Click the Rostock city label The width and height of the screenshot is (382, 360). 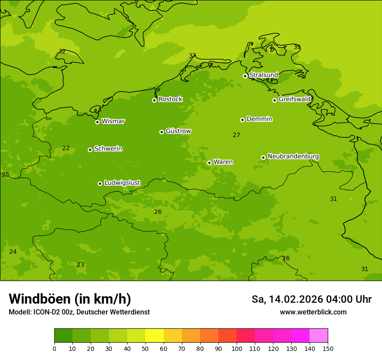pos(170,99)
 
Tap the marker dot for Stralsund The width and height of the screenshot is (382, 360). pos(245,76)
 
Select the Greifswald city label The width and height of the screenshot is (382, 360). pos(294,99)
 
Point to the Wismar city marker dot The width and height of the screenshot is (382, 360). pos(98,122)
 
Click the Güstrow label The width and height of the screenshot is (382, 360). pos(178,131)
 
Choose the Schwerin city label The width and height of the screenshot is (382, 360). pos(108,149)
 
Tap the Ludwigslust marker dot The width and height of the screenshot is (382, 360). pos(100,183)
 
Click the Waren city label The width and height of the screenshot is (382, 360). pos(223,162)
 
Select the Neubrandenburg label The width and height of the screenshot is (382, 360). pos(293,156)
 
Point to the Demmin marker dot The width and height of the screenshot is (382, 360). pos(242,120)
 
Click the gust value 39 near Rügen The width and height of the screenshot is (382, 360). pos(297,47)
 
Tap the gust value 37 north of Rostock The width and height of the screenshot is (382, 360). pos(192,56)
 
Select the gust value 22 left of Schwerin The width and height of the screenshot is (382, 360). pos(66,148)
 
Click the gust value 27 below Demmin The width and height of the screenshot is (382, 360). pos(236,135)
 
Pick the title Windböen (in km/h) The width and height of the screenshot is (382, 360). pos(70,299)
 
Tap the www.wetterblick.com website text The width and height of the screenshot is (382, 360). pos(313,312)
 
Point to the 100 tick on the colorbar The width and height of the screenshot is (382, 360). pos(237,348)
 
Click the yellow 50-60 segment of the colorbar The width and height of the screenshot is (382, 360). pos(155,336)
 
